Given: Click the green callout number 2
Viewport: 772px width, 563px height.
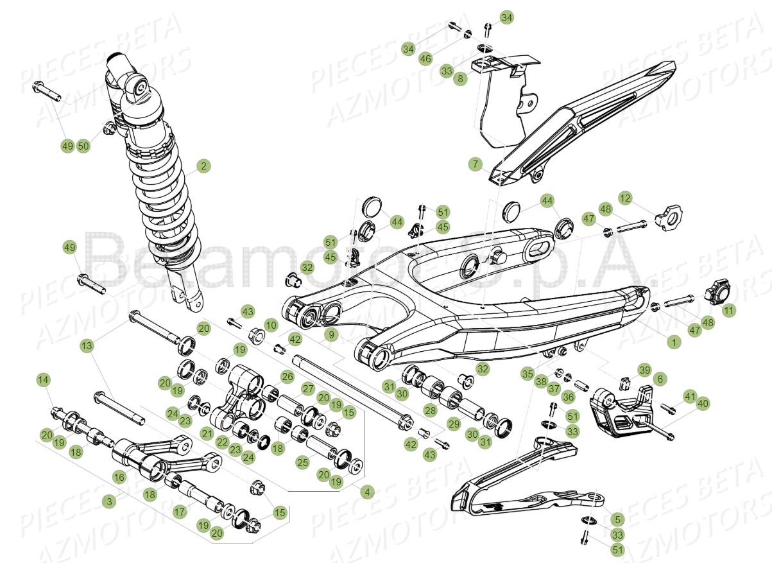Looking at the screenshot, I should tap(203, 166).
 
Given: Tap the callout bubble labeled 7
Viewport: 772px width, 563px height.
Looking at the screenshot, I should tap(476, 165).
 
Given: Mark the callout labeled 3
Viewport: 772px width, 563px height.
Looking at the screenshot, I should tap(111, 501).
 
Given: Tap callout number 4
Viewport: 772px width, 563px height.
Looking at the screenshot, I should tap(367, 492).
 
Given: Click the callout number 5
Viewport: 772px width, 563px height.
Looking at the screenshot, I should tap(617, 519).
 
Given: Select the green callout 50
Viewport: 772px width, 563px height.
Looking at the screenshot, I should tap(83, 146).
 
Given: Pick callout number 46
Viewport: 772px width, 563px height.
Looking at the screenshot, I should tap(425, 58).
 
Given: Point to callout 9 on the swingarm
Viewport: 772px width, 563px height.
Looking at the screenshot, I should tap(330, 334).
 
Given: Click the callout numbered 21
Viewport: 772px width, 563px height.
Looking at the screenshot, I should tap(207, 433).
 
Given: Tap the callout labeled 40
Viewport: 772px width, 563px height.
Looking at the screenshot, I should tap(703, 404).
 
